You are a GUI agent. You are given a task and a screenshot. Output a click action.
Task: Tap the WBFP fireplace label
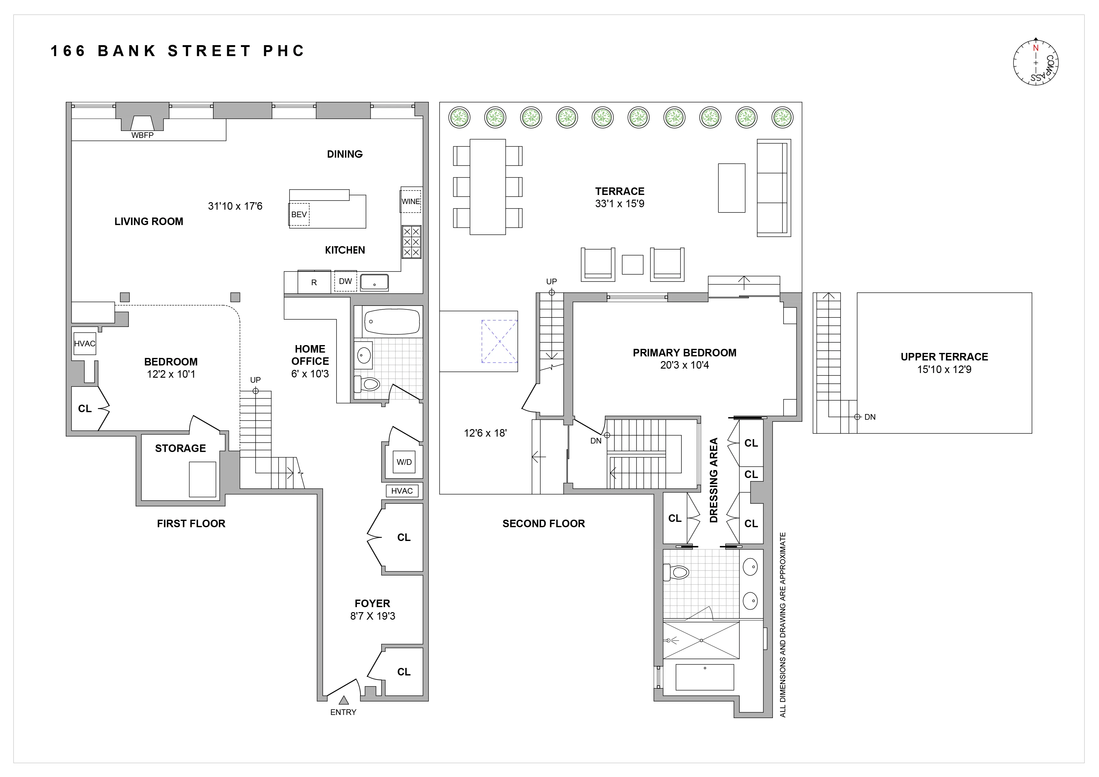(x=142, y=135)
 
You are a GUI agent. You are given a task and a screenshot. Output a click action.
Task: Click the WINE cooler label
(x=411, y=202)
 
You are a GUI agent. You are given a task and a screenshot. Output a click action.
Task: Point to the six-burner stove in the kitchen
(x=411, y=242)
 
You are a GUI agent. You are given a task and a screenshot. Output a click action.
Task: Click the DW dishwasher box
(x=345, y=281)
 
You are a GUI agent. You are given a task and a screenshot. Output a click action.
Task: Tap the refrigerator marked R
(x=314, y=282)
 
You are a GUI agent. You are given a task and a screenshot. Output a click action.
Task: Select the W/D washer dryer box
(x=404, y=462)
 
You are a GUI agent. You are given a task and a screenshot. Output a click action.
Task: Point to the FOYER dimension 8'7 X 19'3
(x=372, y=616)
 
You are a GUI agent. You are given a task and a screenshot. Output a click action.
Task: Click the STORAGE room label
(x=180, y=449)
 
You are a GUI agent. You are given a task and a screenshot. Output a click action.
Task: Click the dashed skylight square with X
(x=499, y=341)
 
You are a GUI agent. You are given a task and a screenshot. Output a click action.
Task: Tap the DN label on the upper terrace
(x=870, y=417)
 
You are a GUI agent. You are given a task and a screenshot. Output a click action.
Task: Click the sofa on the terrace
(x=773, y=188)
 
